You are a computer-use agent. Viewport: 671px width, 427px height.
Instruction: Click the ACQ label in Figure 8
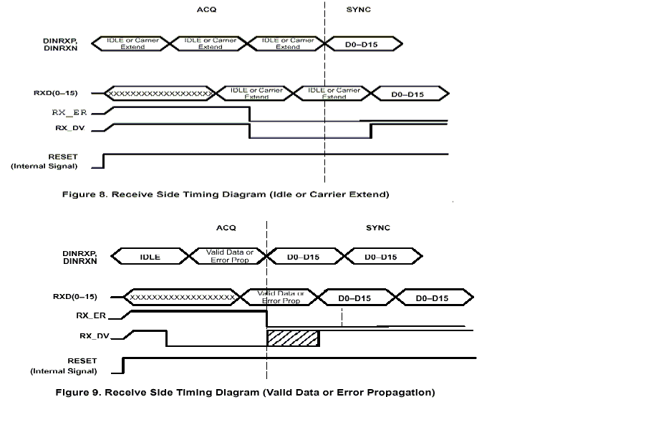[206, 10]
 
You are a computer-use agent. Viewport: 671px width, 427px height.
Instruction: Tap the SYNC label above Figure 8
[359, 10]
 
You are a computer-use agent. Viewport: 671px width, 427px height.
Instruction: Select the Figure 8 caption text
[226, 195]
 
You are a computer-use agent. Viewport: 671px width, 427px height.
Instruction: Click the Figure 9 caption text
[245, 392]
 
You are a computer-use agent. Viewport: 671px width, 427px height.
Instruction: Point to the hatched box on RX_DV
[293, 338]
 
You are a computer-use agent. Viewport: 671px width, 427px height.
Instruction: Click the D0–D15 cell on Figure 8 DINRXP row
[364, 44]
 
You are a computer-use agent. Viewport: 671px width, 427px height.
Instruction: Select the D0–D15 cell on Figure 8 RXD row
[407, 94]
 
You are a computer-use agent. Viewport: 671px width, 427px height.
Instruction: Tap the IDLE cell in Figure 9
[150, 257]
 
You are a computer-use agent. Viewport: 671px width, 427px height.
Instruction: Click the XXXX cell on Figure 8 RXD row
[159, 94]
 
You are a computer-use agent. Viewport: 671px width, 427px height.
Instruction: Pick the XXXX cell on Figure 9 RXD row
[181, 297]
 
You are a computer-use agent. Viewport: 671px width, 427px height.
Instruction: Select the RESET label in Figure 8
[63, 157]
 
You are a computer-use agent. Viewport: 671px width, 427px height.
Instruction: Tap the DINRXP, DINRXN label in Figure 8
[60, 44]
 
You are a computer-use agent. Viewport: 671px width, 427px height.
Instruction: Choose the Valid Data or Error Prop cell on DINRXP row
[229, 256]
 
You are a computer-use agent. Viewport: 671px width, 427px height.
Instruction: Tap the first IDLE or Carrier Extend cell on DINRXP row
[132, 44]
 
